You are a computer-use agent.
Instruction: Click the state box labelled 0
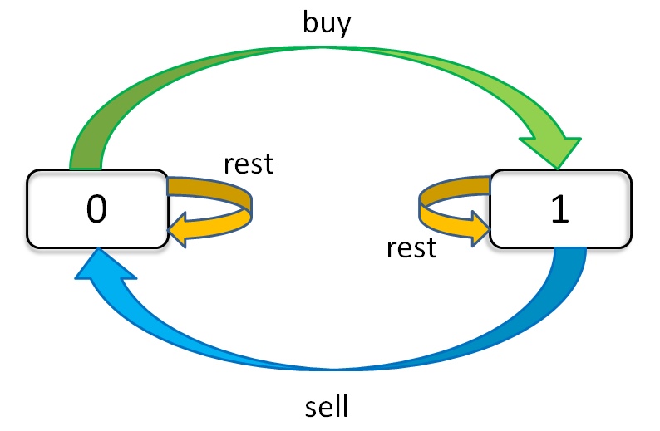coord(96,208)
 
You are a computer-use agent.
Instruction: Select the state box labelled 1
coord(559,208)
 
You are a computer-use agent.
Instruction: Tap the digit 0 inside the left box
coord(96,210)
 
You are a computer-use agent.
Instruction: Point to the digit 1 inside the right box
coord(560,210)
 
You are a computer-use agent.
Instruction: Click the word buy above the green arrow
coord(327,22)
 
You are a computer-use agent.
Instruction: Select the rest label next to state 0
coord(248,164)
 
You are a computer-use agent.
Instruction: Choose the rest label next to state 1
coord(411,247)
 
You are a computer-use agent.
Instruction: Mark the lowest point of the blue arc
coord(328,369)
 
